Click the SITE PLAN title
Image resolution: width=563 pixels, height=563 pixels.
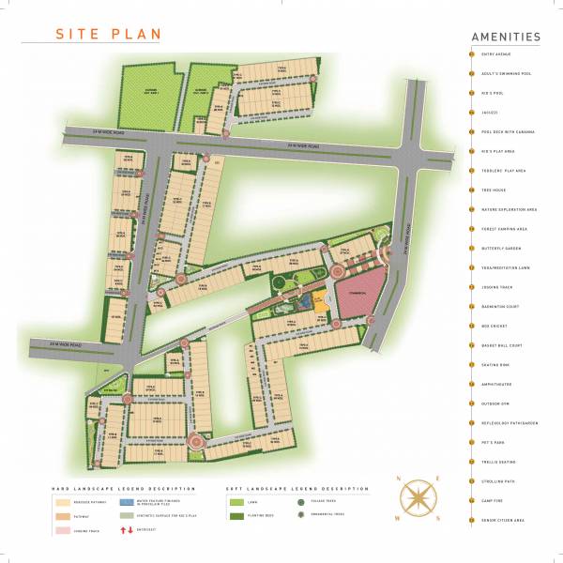coord(108,34)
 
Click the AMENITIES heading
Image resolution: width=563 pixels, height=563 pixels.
coord(506,38)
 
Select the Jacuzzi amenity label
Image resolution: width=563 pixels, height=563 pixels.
coord(488,113)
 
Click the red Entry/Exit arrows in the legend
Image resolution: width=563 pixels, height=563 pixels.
coord(127,530)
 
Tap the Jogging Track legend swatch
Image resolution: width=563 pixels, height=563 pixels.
coord(63,530)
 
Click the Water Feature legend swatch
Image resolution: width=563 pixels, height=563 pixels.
coord(128,502)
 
